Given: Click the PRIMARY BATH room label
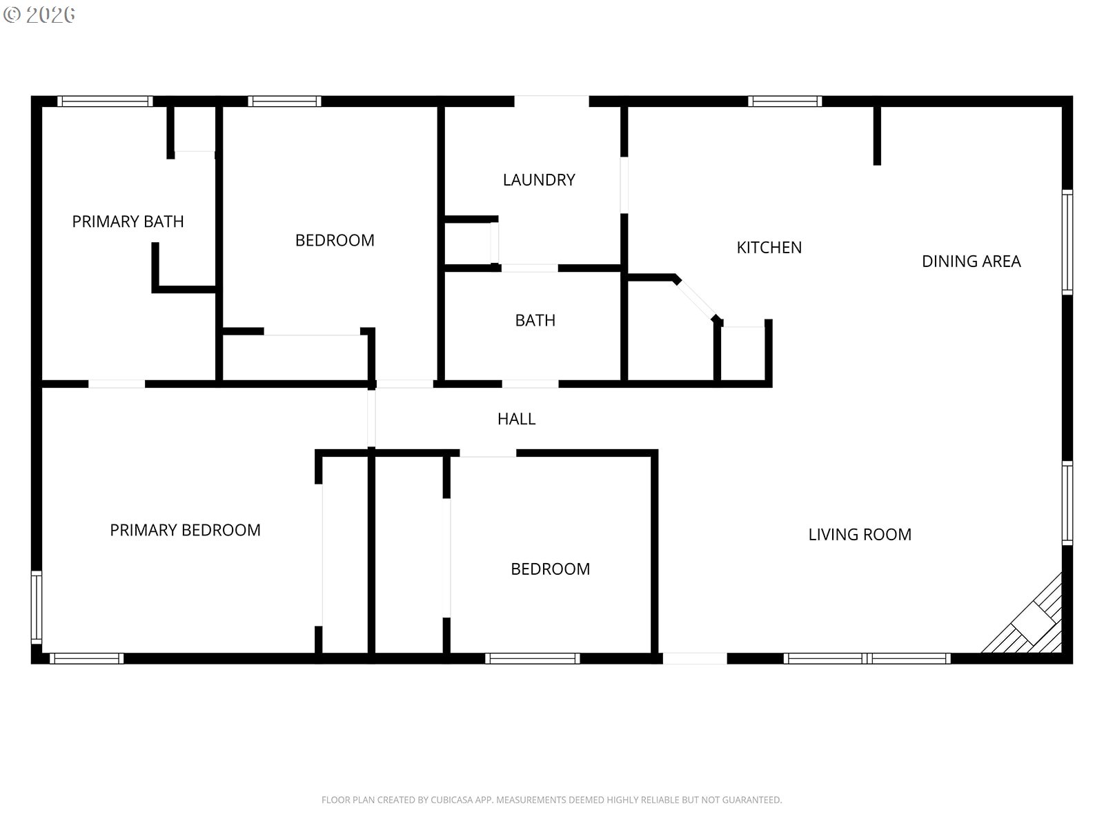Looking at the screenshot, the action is tap(128, 221).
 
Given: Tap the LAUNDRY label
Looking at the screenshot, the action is tap(539, 179).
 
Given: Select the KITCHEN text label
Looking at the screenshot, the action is tap(769, 247).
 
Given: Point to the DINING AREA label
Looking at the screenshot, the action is tap(972, 261).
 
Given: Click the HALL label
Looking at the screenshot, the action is tap(517, 419).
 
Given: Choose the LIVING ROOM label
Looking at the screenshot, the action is tap(860, 534).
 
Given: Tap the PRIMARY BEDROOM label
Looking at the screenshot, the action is tap(185, 530).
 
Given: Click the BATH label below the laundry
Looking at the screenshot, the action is tap(535, 320).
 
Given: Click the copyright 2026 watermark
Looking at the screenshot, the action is tap(39, 14).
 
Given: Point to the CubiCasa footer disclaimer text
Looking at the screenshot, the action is tap(552, 800).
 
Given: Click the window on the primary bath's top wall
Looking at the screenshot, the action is tap(105, 101).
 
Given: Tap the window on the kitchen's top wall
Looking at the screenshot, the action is tap(785, 101).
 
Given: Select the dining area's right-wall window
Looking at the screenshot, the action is tap(1067, 241).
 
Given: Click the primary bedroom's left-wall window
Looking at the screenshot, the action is tap(36, 607).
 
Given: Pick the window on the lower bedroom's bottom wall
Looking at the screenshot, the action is tap(532, 658).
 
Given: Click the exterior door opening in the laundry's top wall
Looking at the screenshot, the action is tap(551, 101).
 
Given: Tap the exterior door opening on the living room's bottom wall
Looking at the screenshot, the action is tap(695, 658).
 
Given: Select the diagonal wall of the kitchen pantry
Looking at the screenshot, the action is tap(696, 299).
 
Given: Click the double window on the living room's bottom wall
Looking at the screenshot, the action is tap(867, 658).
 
